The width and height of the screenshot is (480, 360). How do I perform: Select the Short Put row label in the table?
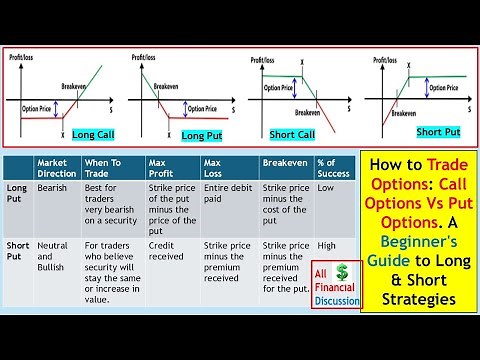tap(17, 250)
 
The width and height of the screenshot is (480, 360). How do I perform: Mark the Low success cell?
tap(326, 187)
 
